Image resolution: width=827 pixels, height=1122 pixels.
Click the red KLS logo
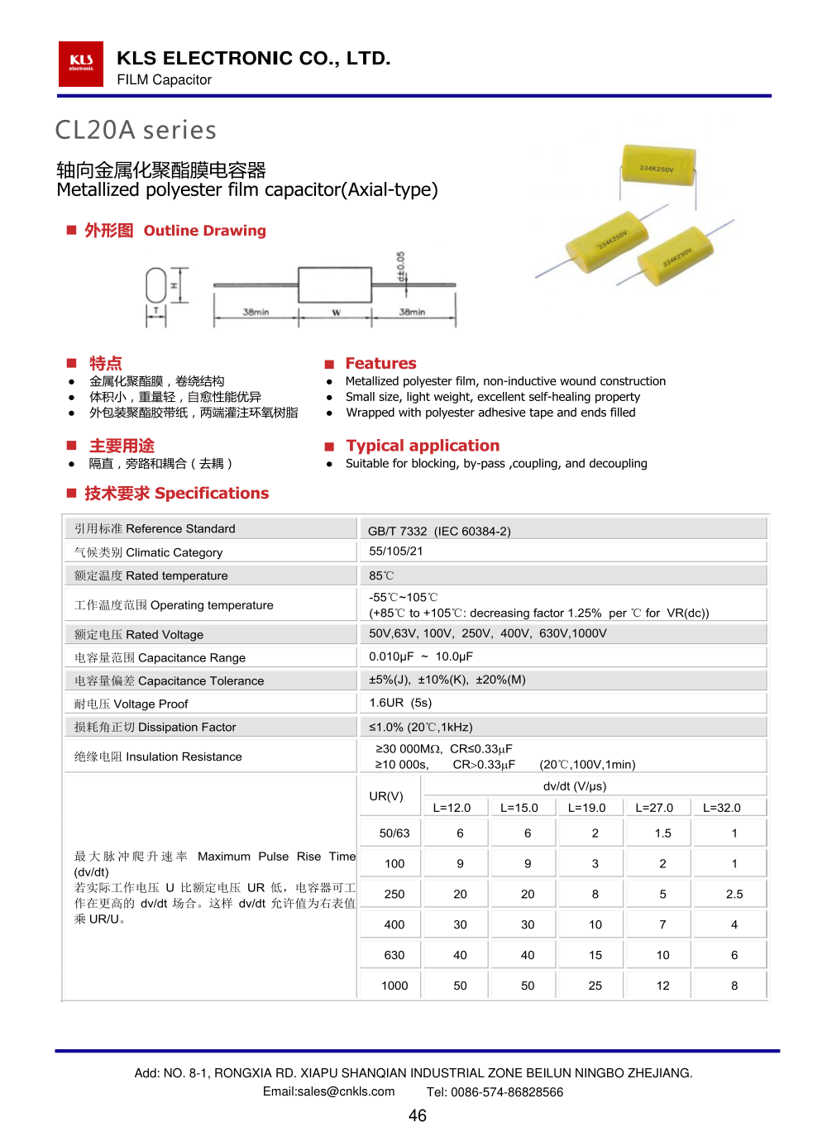click(81, 64)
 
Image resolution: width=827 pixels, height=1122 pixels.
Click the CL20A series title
click(136, 131)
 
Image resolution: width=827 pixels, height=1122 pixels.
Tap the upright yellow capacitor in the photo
click(657, 171)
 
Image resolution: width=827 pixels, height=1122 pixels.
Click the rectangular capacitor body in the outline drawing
click(334, 285)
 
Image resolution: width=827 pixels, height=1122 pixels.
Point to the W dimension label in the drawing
click(337, 313)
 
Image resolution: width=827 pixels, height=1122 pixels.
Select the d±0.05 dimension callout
click(401, 266)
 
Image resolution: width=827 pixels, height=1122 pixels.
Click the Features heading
click(380, 363)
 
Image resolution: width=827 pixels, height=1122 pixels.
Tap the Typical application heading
click(423, 446)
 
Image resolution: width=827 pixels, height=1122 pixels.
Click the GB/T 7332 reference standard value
click(439, 531)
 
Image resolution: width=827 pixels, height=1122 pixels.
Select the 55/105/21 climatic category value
click(396, 551)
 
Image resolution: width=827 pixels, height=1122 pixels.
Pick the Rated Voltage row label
click(139, 634)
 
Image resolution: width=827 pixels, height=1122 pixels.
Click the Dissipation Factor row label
click(155, 727)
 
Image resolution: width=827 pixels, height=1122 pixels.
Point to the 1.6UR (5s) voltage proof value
click(400, 703)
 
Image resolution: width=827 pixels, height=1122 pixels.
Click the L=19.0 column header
click(586, 808)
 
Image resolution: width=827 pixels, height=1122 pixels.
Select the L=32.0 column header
click(722, 808)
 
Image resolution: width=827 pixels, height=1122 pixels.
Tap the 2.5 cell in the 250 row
click(734, 894)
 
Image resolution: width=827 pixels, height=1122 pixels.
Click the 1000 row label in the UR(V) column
click(394, 986)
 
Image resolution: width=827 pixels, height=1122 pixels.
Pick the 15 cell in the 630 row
click(595, 955)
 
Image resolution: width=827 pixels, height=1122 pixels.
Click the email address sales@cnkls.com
click(329, 1091)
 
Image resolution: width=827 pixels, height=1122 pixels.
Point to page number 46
click(418, 1115)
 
